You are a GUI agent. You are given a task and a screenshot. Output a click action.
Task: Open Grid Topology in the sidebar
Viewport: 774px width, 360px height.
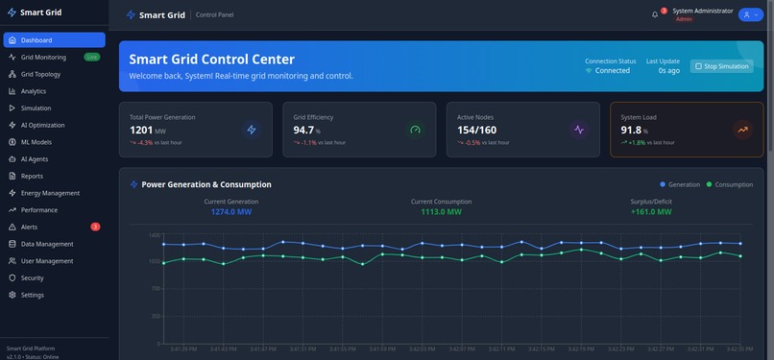point(40,74)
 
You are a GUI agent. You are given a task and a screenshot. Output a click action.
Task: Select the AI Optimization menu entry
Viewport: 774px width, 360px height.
point(43,125)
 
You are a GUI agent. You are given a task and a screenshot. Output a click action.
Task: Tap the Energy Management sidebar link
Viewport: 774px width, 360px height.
point(50,193)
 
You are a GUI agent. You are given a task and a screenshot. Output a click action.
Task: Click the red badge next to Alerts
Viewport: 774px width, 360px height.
point(95,227)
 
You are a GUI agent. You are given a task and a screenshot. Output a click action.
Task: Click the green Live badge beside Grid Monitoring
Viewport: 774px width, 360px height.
point(91,57)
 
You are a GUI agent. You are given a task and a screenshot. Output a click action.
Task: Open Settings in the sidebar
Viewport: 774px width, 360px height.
point(33,295)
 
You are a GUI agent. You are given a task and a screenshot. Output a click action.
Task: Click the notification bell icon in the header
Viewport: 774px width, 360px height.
point(655,14)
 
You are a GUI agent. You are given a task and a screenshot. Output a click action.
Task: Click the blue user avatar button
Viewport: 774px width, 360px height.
point(749,14)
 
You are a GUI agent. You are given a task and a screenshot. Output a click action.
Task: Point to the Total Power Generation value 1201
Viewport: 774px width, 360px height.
point(141,130)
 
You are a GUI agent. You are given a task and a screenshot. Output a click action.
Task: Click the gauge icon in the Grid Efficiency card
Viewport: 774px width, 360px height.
point(415,130)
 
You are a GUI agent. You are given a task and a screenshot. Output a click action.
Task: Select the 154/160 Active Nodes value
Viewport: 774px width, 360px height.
point(477,130)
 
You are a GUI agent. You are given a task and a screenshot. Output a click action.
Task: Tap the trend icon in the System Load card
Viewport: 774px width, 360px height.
point(742,130)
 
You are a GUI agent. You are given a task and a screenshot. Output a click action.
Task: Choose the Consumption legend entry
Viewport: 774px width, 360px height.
point(730,184)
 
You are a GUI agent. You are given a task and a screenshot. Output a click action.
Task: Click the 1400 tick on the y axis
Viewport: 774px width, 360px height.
point(155,235)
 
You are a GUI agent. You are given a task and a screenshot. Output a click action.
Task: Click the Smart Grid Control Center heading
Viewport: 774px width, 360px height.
point(226,59)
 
